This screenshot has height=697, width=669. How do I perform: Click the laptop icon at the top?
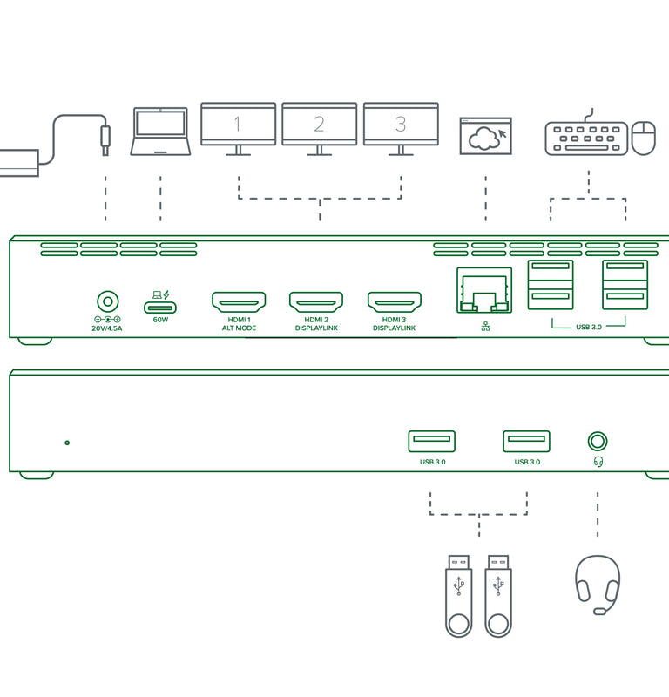click(160, 132)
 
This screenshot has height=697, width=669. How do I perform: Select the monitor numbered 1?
click(238, 125)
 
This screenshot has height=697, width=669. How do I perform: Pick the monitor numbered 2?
click(319, 125)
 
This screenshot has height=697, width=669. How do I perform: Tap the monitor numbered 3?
click(401, 125)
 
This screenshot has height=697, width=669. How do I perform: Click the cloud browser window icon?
click(485, 136)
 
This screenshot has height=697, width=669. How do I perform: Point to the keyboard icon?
click(585, 138)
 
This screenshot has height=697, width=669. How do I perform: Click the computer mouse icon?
click(644, 138)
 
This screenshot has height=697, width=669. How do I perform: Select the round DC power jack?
click(107, 302)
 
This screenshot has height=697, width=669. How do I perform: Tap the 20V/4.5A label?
click(107, 330)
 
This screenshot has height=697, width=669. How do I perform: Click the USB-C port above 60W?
click(160, 307)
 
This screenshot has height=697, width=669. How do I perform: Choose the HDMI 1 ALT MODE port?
click(238, 303)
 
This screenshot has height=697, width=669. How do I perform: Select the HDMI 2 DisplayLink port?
click(315, 303)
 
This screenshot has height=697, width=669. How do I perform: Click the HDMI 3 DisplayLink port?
click(394, 303)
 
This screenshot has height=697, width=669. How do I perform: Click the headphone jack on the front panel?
click(598, 442)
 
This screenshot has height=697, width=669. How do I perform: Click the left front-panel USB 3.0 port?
click(431, 442)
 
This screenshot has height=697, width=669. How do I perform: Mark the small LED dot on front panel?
click(67, 443)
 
